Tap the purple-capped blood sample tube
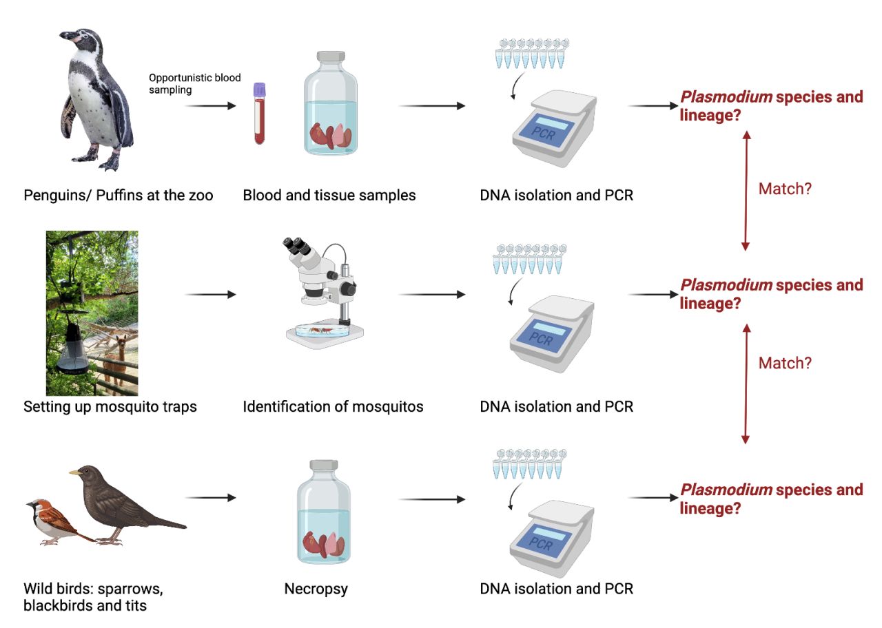tap(259, 114)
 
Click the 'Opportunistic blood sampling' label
tap(195, 83)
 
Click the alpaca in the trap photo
tap(122, 351)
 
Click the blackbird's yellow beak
tap(73, 474)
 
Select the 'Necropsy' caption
tap(316, 589)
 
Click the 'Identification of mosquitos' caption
tap(333, 406)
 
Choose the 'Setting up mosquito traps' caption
tap(110, 406)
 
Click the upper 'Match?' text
tap(785, 189)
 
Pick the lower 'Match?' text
tap(785, 363)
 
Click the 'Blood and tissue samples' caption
tap(329, 195)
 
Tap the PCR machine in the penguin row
tap(553, 127)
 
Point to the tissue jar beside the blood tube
tap(331, 103)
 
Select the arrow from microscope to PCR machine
tap(432, 295)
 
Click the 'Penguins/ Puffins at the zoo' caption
tap(119, 195)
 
